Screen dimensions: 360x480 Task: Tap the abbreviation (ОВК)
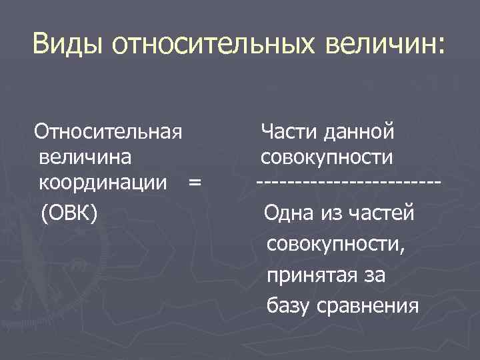[69, 213]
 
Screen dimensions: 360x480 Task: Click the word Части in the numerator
[291, 131]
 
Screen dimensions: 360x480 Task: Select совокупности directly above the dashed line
[327, 157]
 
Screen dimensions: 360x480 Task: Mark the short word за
[374, 275]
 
